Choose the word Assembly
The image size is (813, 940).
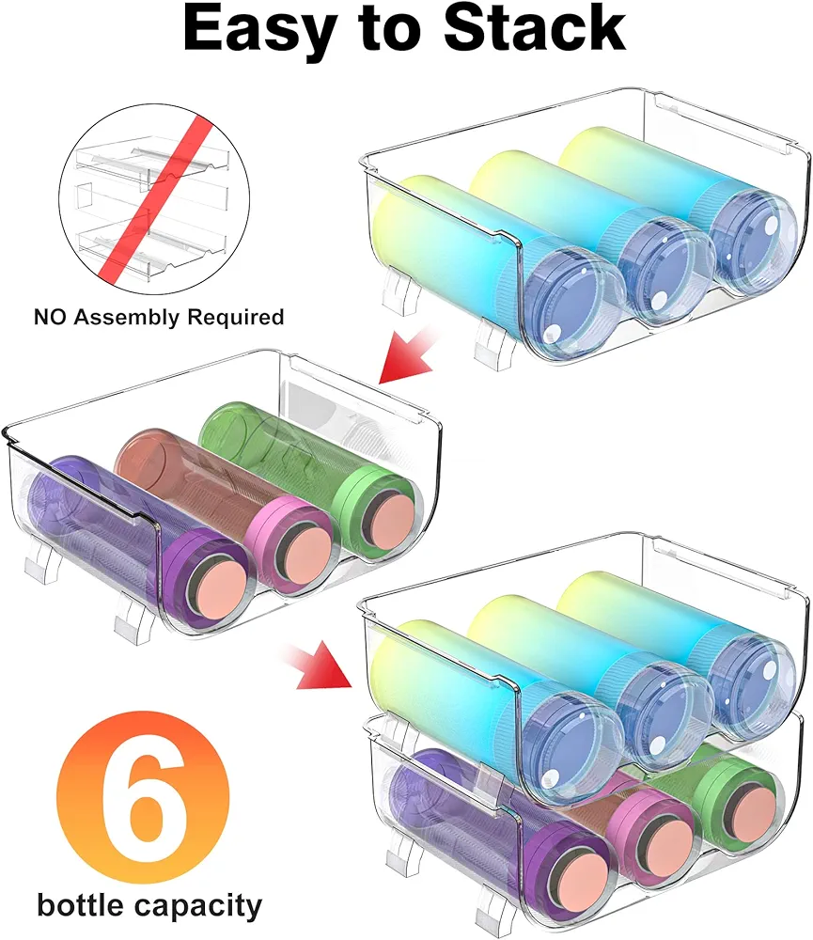tap(127, 318)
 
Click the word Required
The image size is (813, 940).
tap(235, 317)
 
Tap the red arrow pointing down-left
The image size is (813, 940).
tap(408, 355)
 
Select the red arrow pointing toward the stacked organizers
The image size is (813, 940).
tap(318, 663)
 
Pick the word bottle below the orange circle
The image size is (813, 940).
tap(80, 904)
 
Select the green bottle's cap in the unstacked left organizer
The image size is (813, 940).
tap(376, 510)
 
